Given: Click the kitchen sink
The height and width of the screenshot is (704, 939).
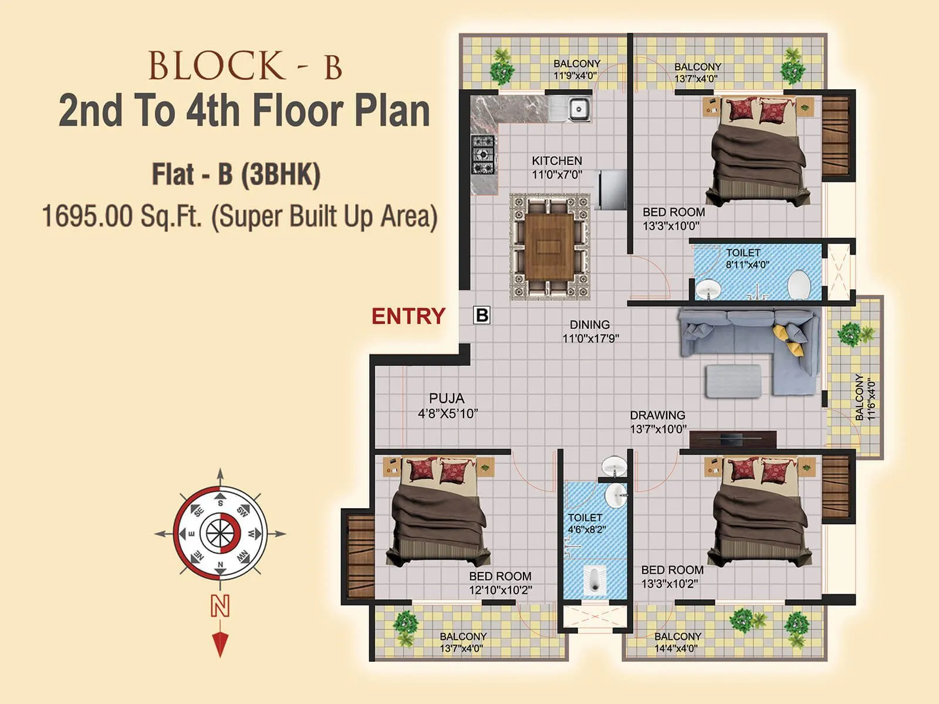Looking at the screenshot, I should tap(578, 109).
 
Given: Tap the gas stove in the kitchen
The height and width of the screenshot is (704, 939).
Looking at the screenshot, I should tap(483, 155).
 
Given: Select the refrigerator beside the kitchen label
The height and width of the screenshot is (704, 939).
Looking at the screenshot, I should tap(611, 189).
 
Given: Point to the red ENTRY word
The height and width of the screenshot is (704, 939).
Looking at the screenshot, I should tap(408, 316).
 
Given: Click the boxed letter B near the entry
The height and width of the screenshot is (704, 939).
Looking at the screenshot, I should tap(481, 316).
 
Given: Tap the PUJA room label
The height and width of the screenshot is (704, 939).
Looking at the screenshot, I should tap(446, 398).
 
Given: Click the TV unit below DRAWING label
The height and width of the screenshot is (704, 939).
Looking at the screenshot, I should tap(733, 439).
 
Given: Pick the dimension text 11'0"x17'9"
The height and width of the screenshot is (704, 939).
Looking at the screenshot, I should tap(590, 339).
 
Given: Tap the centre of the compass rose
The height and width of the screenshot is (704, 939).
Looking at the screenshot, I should tap(220, 533).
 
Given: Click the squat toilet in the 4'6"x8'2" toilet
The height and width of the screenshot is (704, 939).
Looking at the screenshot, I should tap(594, 578).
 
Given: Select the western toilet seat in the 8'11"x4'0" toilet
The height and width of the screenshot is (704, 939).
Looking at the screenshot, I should tap(799, 286).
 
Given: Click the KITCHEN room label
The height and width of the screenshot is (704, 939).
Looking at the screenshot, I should tap(556, 161).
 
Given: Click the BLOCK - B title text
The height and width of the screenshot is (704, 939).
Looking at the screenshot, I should tap(245, 66).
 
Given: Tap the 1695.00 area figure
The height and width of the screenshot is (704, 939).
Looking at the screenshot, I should tap(87, 216).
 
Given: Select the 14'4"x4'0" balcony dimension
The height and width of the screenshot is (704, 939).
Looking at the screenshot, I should tap(676, 648).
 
